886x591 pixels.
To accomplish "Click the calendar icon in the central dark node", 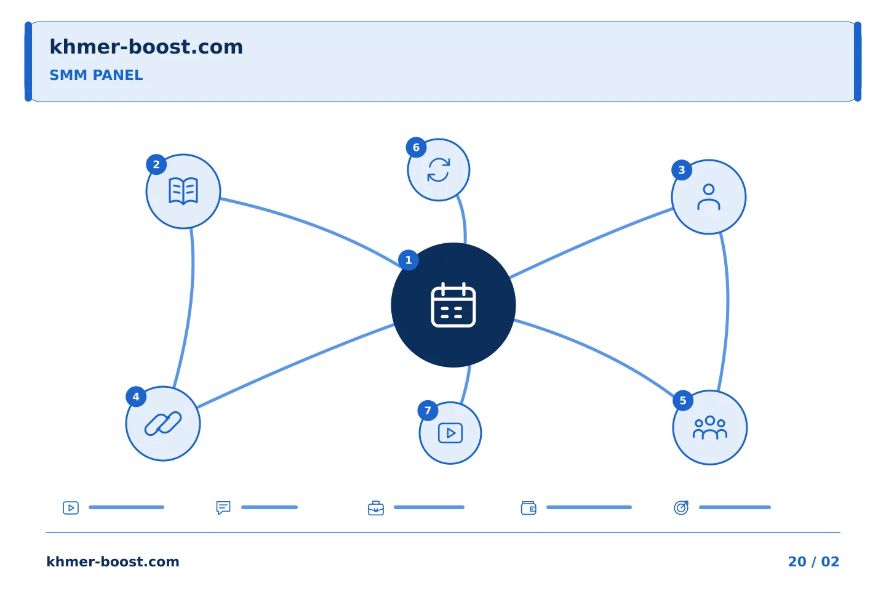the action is (453, 305).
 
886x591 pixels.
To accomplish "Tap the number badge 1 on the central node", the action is (409, 260).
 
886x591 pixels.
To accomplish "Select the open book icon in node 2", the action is (183, 191).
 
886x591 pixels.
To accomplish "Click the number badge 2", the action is (156, 164).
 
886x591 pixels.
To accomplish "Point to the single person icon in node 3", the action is (709, 197).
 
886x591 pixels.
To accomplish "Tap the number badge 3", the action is (682, 170).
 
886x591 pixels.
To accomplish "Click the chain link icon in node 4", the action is (163, 424).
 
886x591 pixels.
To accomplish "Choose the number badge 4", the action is (136, 396).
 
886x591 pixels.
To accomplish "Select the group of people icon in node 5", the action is (710, 427).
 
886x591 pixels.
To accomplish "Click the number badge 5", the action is (683, 401).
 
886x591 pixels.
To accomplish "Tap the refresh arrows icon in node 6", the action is (439, 170).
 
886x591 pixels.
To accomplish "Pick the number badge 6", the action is (416, 147).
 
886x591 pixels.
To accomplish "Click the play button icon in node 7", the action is (450, 433).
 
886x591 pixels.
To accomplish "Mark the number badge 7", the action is (428, 411).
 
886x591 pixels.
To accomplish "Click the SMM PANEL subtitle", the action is (96, 75).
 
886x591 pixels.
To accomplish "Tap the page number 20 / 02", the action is (813, 561).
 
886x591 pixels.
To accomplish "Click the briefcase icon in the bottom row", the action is (376, 508).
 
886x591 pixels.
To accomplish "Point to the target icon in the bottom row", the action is (681, 507).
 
